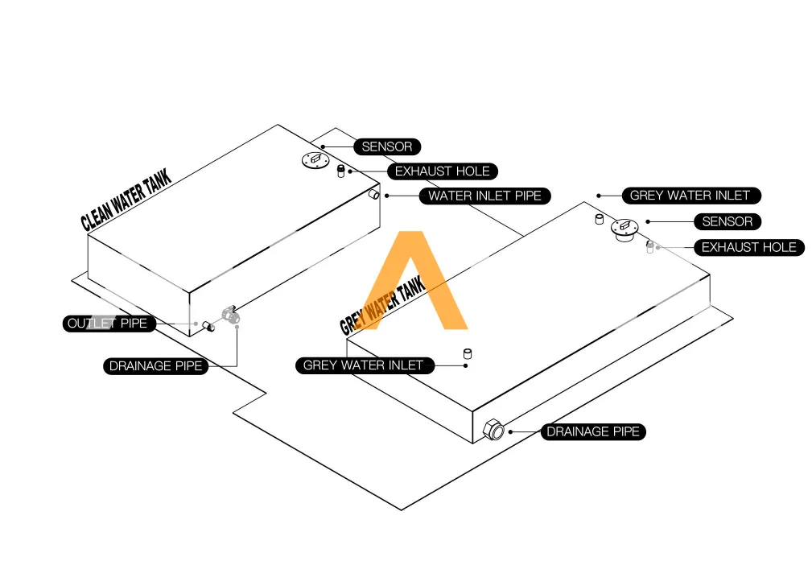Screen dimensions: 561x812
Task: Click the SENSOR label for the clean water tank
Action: pos(387,146)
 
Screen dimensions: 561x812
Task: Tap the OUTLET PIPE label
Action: pos(108,324)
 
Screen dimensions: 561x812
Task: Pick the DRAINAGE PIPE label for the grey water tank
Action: pos(593,432)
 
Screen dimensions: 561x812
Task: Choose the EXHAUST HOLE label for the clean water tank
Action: pos(442,171)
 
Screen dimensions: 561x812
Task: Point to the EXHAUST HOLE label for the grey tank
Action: pos(748,247)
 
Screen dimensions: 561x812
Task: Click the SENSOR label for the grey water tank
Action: pos(728,221)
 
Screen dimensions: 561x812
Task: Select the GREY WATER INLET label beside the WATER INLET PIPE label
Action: pos(690,196)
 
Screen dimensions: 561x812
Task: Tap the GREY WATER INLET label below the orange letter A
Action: pos(363,365)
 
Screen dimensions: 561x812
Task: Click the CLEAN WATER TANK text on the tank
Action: pos(126,200)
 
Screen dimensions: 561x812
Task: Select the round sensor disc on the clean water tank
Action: pos(316,160)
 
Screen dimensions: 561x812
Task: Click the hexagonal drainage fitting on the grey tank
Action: pos(493,431)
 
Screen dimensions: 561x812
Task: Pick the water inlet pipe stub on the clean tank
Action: pos(374,195)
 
